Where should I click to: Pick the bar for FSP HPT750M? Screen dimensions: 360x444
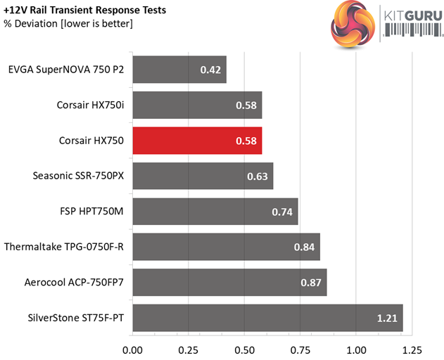[215, 212]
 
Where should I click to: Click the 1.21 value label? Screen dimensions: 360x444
[386, 319]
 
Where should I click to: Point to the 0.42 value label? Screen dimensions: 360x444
[210, 70]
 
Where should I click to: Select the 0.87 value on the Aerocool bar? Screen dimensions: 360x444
[311, 283]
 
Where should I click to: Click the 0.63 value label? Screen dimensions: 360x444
[257, 176]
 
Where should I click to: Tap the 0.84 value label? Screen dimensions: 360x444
[304, 247]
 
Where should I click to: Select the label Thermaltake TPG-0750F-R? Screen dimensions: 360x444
[64, 247]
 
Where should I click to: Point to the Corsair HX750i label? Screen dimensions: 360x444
[90, 105]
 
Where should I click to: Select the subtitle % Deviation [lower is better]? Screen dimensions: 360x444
[68, 25]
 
